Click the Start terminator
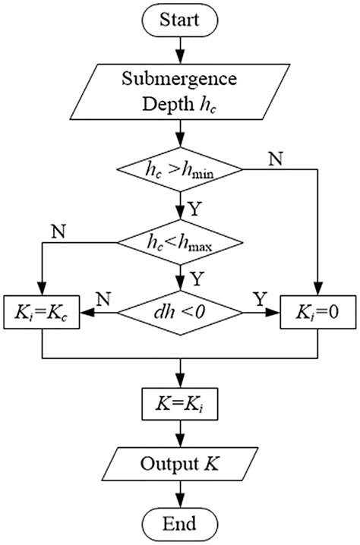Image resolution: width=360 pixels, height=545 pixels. pyautogui.click(x=180, y=20)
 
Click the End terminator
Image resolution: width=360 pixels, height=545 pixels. pyautogui.click(x=180, y=523)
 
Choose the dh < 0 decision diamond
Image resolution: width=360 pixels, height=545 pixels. pyautogui.click(x=180, y=312)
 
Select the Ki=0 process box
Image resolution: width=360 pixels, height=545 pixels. pyautogui.click(x=317, y=312)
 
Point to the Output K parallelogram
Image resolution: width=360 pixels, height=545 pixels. pyautogui.click(x=180, y=462)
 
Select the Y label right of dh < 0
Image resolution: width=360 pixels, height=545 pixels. pyautogui.click(x=259, y=299)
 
